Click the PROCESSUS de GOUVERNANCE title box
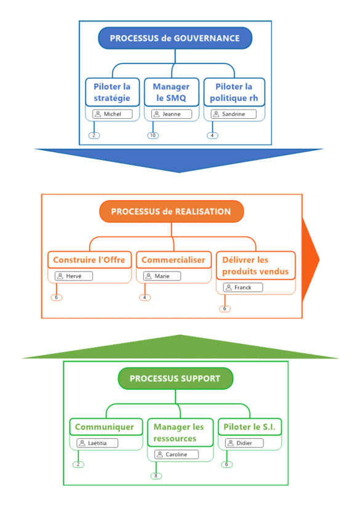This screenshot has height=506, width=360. click(x=175, y=38)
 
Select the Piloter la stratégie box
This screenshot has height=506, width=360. click(x=112, y=92)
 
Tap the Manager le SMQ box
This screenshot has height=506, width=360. click(x=171, y=92)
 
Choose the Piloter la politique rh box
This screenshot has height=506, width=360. click(x=234, y=92)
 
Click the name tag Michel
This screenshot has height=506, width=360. click(x=112, y=114)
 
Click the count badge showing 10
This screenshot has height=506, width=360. click(x=153, y=135)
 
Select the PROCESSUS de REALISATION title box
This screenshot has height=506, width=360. click(x=171, y=212)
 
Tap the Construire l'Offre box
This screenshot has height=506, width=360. click(x=89, y=260)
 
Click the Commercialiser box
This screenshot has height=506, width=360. click(x=173, y=260)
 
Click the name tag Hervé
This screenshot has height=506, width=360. click(x=73, y=276)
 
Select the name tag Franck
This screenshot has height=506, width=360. click(x=242, y=287)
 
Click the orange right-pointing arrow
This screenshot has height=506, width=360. click(x=311, y=255)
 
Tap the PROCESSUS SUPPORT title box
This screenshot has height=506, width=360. click(x=175, y=379)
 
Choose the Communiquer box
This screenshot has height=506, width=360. click(x=105, y=427)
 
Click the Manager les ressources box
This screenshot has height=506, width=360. click(x=179, y=433)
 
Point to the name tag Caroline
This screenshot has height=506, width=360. click(x=176, y=454)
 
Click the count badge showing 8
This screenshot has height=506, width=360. click(x=156, y=476)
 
